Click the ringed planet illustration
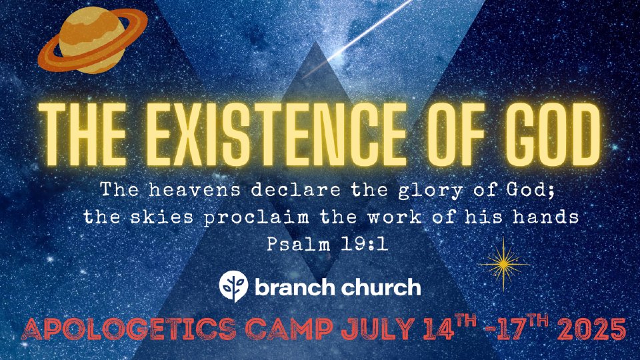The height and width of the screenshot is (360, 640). pyautogui.click(x=92, y=41)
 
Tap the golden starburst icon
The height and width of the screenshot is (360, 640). pyautogui.click(x=503, y=265)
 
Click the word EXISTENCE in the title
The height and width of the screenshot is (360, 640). pyautogui.click(x=271, y=135)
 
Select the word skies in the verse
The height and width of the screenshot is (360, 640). pyautogui.click(x=161, y=217)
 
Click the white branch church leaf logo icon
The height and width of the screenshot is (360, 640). pyautogui.click(x=233, y=287)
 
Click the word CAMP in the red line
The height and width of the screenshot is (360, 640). pyautogui.click(x=289, y=329)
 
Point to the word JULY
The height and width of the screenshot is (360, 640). pyautogui.click(x=378, y=329)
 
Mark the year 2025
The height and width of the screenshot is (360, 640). pyautogui.click(x=591, y=329)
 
